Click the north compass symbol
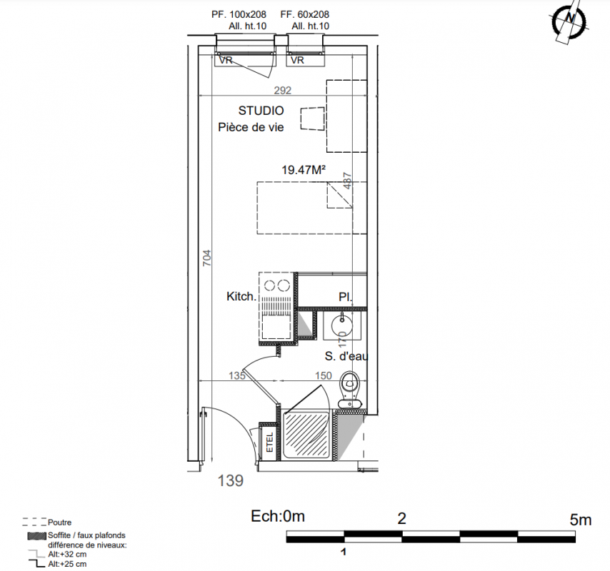569,21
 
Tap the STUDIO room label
261,111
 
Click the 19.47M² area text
304,170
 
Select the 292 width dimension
282,91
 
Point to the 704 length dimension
207,258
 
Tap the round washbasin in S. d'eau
342,323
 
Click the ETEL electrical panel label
269,443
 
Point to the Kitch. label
241,297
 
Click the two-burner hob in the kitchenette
276,285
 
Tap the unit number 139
231,481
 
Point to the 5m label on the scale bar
581,520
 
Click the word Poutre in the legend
59,522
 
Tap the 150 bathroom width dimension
324,375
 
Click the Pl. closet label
346,298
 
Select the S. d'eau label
346,356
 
